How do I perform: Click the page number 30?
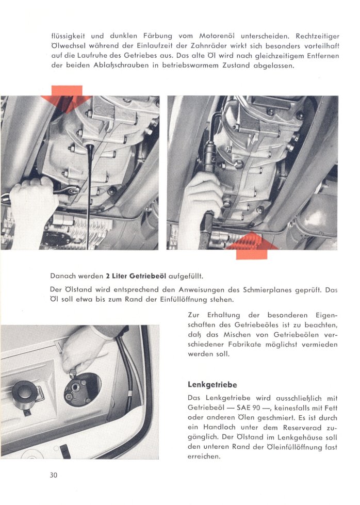(x=53, y=475)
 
